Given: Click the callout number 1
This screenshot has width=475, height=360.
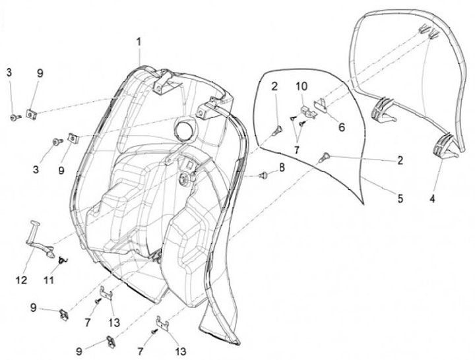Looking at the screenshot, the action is tap(139, 42).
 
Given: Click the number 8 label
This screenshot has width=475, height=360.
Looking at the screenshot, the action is tap(282, 168).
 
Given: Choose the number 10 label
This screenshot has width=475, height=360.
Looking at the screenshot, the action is tap(301, 86).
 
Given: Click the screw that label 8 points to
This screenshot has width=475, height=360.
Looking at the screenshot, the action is tap(264, 176).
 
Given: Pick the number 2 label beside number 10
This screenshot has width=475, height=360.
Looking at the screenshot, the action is tap(274, 86).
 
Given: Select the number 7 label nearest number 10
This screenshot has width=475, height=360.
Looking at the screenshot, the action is tap(297, 150).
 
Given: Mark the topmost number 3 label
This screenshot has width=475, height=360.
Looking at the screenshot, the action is tap(9, 72).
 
